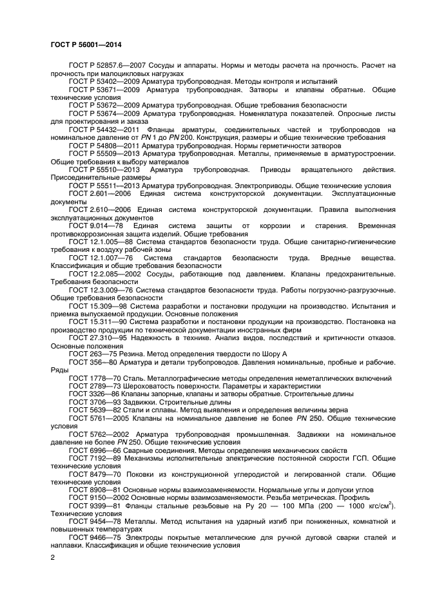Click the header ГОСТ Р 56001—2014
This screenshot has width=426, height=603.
click(85, 44)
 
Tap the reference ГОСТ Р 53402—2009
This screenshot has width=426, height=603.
click(100, 82)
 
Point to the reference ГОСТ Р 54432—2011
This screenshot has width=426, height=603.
click(100, 129)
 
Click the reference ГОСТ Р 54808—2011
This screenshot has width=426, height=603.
click(100, 145)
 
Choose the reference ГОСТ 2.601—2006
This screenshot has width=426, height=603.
click(95, 193)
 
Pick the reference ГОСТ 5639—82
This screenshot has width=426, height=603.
click(91, 409)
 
